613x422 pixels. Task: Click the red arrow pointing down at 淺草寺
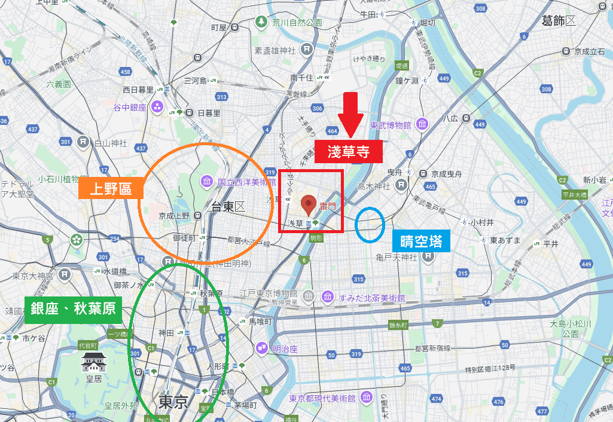click(350, 114)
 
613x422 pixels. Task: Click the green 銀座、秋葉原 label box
click(72, 310)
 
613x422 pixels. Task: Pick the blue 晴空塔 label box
click(422, 241)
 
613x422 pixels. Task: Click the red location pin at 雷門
click(309, 205)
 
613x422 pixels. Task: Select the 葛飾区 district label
click(558, 21)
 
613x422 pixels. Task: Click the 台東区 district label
click(228, 207)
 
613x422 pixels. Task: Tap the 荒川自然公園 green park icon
click(261, 22)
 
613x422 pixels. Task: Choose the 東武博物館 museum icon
click(422, 125)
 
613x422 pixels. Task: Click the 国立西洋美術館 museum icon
click(207, 181)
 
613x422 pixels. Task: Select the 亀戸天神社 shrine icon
click(428, 257)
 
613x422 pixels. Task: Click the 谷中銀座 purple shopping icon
click(157, 108)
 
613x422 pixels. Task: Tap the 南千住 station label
click(302, 78)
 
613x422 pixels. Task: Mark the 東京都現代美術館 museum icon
click(367, 398)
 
